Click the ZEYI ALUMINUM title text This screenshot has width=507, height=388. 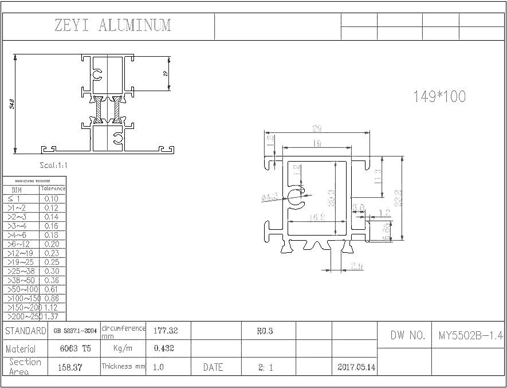click(x=112, y=26)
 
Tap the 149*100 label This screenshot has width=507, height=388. click(x=439, y=97)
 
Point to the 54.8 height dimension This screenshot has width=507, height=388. click(x=12, y=104)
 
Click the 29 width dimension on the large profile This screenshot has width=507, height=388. click(x=316, y=129)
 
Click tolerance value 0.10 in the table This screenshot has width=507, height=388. click(x=52, y=199)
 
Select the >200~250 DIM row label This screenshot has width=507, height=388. click(x=22, y=316)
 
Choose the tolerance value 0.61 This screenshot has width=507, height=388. click(x=52, y=289)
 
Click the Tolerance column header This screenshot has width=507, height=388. click(x=53, y=189)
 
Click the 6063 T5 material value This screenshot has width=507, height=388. click(x=76, y=348)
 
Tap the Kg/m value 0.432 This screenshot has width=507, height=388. click(x=164, y=348)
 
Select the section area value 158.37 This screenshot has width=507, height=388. click(x=71, y=367)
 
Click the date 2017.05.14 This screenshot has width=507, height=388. click(x=356, y=367)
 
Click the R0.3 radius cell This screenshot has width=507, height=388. click(x=265, y=331)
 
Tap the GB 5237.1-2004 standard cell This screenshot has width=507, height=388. click(x=74, y=331)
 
